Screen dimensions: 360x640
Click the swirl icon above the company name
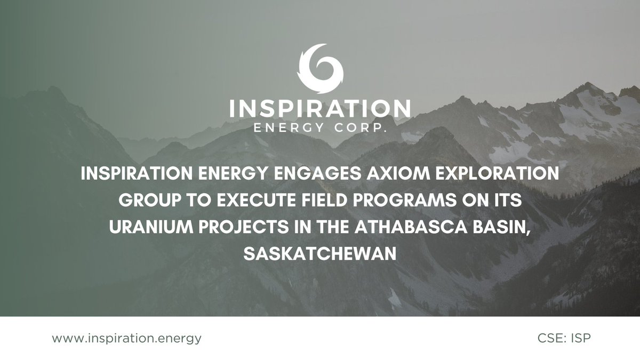coord(320,68)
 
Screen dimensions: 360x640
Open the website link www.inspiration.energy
coord(127,338)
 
